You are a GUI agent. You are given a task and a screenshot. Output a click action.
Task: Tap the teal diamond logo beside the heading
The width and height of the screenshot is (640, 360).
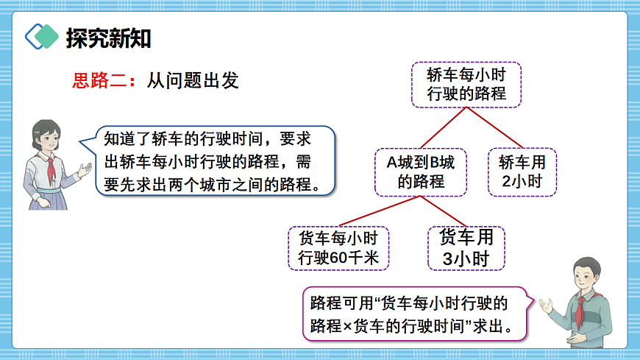coord(42,36)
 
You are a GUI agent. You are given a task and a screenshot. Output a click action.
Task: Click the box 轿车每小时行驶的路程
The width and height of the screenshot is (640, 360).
coord(466,85)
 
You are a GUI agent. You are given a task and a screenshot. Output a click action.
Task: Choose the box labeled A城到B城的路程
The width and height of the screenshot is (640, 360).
coord(421,172)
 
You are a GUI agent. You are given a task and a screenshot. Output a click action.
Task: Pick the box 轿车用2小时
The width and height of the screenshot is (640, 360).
coord(522,172)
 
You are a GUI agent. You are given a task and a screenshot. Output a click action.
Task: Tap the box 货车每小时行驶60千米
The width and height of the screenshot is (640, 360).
coord(338,247)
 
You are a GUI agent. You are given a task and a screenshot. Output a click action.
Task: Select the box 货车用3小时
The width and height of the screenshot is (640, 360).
coord(466,247)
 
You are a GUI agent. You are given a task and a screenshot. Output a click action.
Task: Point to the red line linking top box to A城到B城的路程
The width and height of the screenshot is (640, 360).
coord(444,127)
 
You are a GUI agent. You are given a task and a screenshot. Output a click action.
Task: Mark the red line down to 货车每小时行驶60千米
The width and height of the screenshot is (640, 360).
coord(379,211)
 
